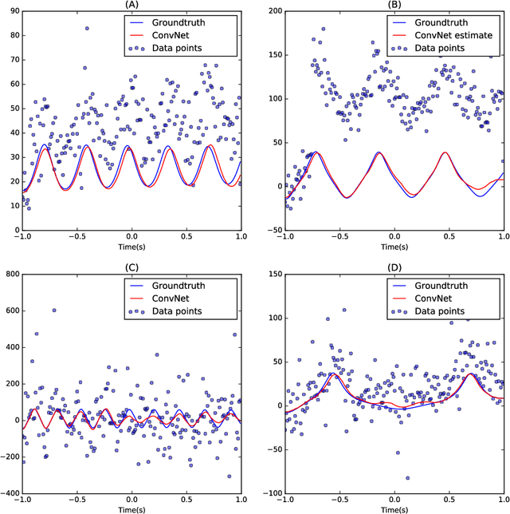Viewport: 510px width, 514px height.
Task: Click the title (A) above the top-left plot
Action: [x=131, y=5]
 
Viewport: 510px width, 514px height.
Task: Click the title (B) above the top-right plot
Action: [x=394, y=5]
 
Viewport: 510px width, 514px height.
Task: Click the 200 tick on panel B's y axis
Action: [x=273, y=12]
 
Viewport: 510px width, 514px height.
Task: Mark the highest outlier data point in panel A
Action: [x=87, y=29]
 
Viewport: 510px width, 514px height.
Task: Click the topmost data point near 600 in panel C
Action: [x=54, y=310]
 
